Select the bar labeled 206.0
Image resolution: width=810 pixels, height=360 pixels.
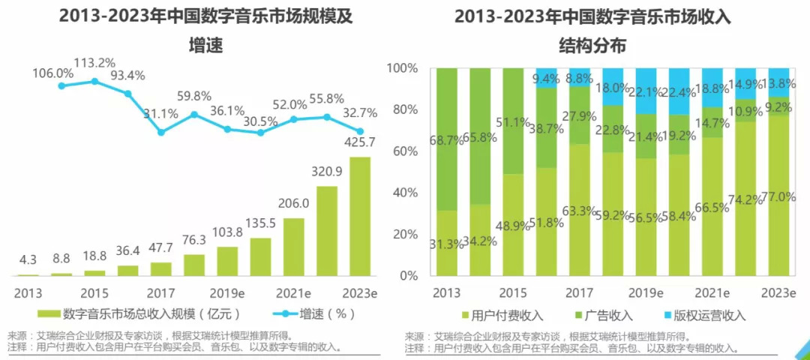pyautogui.click(x=294, y=247)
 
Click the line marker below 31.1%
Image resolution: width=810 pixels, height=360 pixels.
pyautogui.click(x=161, y=132)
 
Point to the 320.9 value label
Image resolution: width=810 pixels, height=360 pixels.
pyautogui.click(x=327, y=171)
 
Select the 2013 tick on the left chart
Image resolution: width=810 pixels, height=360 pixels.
pyautogui.click(x=28, y=292)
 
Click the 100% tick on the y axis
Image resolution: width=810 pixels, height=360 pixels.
pyautogui.click(x=402, y=68)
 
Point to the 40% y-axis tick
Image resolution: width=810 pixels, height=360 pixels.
pyautogui.click(x=405, y=193)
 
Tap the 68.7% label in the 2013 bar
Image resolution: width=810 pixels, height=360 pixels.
pyautogui.click(x=446, y=140)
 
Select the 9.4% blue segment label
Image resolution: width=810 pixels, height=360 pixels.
pyautogui.click(x=546, y=77)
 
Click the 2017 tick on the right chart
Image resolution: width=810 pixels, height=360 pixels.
pyautogui.click(x=578, y=292)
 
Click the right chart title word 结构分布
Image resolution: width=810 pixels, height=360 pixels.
pyautogui.click(x=592, y=46)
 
